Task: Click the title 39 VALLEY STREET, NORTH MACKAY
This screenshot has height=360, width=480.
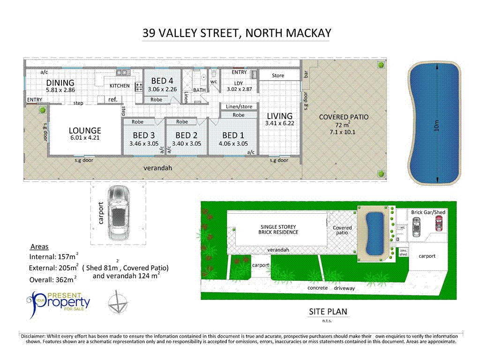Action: pyautogui.click(x=237, y=33)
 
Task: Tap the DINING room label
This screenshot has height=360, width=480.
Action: pyautogui.click(x=60, y=83)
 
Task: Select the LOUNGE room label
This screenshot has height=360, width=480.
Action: pyautogui.click(x=85, y=131)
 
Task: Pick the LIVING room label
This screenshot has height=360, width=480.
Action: pyautogui.click(x=279, y=116)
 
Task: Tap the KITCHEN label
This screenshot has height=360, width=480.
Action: pyautogui.click(x=120, y=86)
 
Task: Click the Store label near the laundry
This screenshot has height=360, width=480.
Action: pyautogui.click(x=278, y=75)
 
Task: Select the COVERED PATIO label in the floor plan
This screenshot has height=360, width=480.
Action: pyautogui.click(x=344, y=117)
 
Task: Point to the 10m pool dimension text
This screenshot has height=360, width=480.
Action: pyautogui.click(x=436, y=125)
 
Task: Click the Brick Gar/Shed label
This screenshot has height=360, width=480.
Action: pyautogui.click(x=428, y=212)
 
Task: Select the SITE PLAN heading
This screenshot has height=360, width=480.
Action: pyautogui.click(x=328, y=312)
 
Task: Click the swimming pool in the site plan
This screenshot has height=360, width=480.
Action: pyautogui.click(x=374, y=233)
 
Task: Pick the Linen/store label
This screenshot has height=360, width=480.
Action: pyautogui.click(x=239, y=107)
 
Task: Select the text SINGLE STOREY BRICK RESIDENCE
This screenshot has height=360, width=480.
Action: pyautogui.click(x=279, y=229)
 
